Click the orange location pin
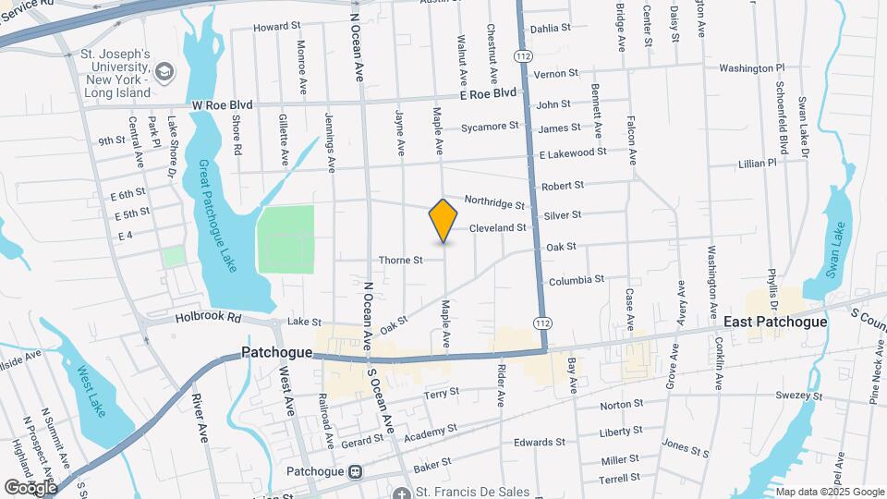click(443, 221)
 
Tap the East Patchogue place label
click(774, 322)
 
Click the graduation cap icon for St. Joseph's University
click(165, 71)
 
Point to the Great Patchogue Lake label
click(217, 215)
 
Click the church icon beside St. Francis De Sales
click(401, 494)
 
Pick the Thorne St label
click(400, 261)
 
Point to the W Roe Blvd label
click(223, 104)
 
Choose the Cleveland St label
click(497, 227)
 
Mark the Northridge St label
click(494, 201)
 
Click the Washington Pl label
click(751, 68)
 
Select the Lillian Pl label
click(758, 163)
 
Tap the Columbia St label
click(576, 279)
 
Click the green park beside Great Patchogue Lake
click(286, 239)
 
